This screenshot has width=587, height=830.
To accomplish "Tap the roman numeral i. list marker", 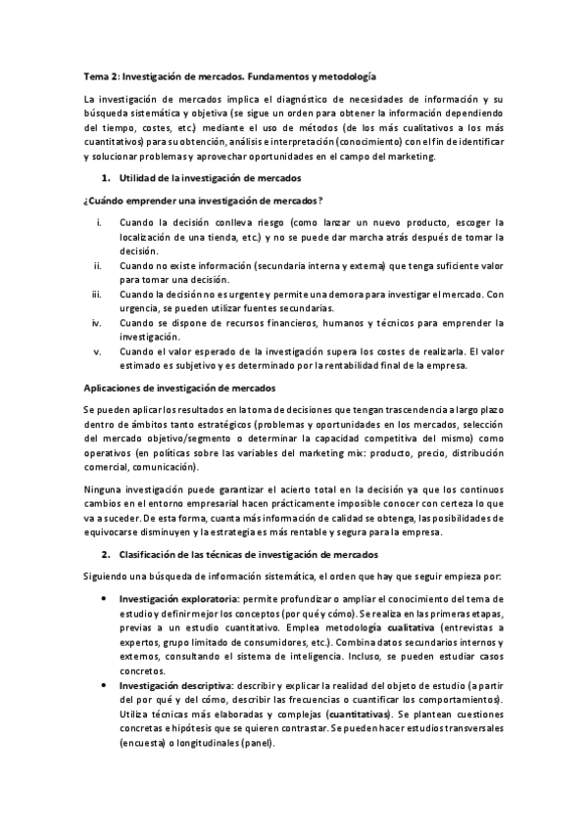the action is pyautogui.click(x=98, y=222).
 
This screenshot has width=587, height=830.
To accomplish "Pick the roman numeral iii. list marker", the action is pyautogui.click(x=97, y=293).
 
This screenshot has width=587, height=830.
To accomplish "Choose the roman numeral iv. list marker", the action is pyautogui.click(x=97, y=321).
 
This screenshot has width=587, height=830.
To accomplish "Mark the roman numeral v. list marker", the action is pyautogui.click(x=97, y=349).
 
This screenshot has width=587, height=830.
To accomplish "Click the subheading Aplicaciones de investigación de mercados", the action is pyautogui.click(x=179, y=388).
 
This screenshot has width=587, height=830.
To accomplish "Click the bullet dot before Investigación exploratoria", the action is pyautogui.click(x=105, y=597).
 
